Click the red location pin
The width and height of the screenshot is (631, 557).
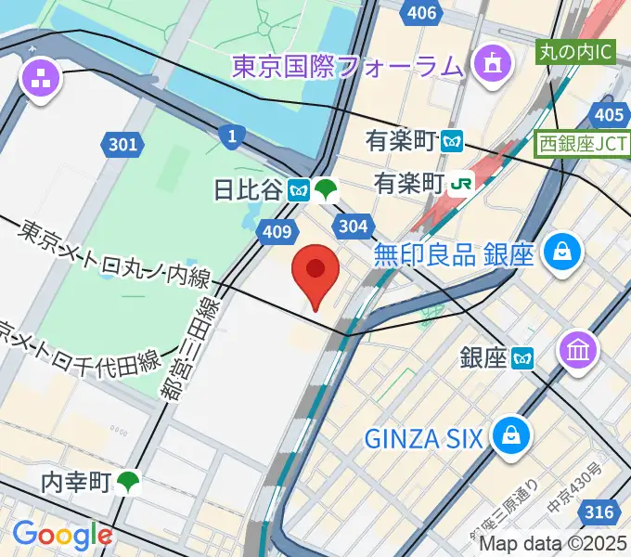point(315,271)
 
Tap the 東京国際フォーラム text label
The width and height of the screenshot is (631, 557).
point(347,66)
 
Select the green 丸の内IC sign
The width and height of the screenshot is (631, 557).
point(575,51)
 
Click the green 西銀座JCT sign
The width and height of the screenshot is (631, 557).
point(582,144)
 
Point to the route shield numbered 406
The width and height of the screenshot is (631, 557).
point(421,13)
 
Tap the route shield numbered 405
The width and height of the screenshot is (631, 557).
point(609,114)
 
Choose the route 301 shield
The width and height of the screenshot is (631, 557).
point(122,144)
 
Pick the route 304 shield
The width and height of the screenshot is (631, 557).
point(354,227)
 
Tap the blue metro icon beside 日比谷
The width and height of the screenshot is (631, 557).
point(298,190)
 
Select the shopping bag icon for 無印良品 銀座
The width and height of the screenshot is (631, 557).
point(562,251)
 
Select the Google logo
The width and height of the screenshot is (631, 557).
point(61,534)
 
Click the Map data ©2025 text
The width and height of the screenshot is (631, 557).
point(553,545)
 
